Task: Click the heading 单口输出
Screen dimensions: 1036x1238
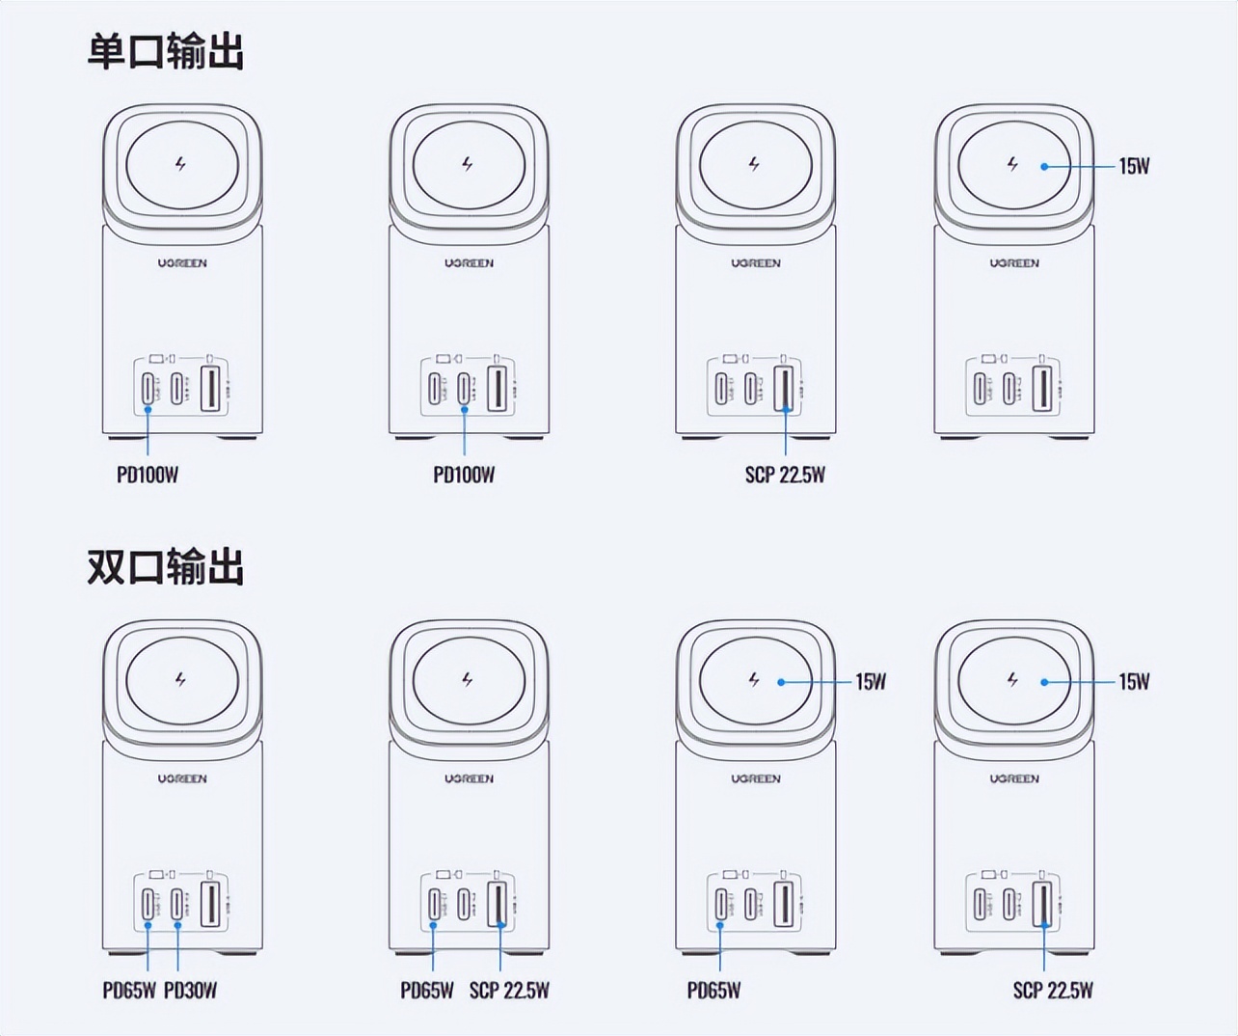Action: [x=165, y=51]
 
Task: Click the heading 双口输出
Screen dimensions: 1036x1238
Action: [x=165, y=567]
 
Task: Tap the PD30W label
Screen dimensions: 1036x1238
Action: [x=191, y=990]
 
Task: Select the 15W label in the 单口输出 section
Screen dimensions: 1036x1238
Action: [x=1134, y=166]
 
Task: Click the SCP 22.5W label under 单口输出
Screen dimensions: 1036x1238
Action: [x=785, y=475]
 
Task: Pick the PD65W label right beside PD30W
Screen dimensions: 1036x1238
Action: [x=129, y=990]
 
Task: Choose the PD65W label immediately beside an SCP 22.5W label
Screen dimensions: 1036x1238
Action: [x=427, y=990]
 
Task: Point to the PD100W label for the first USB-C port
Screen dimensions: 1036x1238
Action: [x=148, y=475]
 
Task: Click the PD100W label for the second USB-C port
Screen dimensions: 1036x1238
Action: [x=464, y=475]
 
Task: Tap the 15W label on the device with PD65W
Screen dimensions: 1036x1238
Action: [x=871, y=682]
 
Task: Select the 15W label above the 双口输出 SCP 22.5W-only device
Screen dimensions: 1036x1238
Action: [x=1134, y=682]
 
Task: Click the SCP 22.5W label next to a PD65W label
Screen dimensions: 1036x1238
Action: [x=509, y=990]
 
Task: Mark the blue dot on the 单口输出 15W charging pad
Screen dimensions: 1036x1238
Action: [x=1044, y=166]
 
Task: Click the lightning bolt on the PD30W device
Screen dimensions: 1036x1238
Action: [x=180, y=680]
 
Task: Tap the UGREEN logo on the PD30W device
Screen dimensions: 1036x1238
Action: [x=182, y=778]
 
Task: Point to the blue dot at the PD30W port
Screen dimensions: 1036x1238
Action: [x=178, y=925]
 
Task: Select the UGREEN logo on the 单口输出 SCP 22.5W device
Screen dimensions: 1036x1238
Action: [x=755, y=262]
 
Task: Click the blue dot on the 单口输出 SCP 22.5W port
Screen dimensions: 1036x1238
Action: [x=786, y=410]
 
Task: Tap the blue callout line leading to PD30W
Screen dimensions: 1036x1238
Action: [x=178, y=950]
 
